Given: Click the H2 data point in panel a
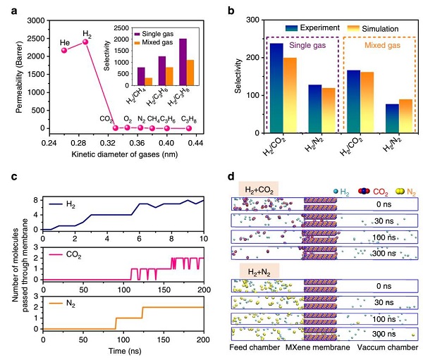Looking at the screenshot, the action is (85, 42).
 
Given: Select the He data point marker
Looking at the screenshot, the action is (64, 50).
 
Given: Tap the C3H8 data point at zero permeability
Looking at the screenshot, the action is (189, 128).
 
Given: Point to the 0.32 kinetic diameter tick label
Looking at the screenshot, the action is (108, 143).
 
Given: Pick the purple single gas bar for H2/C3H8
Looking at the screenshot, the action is (183, 62).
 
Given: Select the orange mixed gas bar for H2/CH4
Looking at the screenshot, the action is (149, 82).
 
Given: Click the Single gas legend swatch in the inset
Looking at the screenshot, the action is (137, 34).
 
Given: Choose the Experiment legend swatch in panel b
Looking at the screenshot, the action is (291, 28).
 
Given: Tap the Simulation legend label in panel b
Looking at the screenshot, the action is (380, 29).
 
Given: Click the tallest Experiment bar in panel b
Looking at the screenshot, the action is (276, 88).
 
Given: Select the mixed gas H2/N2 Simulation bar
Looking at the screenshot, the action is (406, 116).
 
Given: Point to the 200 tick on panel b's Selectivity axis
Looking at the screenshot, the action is (253, 58).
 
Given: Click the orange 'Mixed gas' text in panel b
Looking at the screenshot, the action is (382, 45).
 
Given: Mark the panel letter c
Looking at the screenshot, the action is (14, 177).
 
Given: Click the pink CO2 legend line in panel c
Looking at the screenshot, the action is (56, 255).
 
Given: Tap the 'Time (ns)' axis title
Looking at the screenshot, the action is (125, 351).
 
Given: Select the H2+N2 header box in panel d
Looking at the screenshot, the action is (259, 271).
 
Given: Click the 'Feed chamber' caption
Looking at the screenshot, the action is (255, 347).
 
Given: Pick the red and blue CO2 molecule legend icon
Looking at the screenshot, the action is (364, 191).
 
